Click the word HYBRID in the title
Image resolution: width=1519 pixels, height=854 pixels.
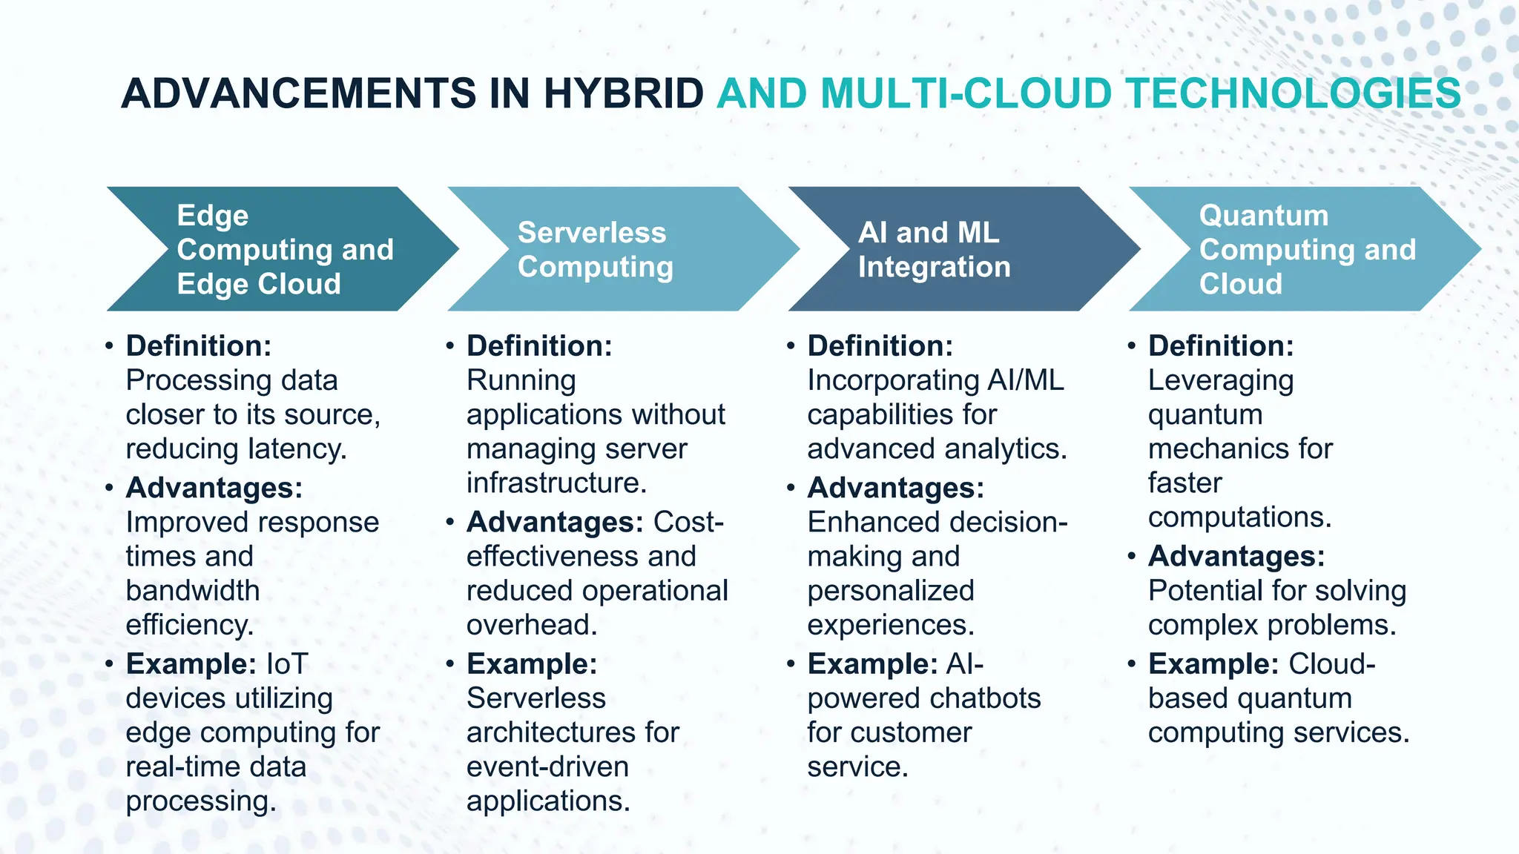pos(622,94)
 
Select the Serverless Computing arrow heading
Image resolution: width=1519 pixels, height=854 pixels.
pos(595,249)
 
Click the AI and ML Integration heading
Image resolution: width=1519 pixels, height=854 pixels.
pos(933,249)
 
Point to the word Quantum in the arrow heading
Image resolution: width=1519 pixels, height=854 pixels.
pos(1263,216)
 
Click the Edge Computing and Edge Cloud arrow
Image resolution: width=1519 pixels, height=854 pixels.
pos(285,249)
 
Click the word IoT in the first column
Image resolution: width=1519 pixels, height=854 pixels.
pos(286,663)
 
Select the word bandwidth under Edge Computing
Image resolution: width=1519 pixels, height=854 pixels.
pos(193,591)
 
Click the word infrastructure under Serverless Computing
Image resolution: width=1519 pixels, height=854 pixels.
pos(556,483)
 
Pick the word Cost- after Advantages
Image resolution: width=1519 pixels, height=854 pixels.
pos(688,523)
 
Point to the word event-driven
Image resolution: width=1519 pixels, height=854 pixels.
pos(547,767)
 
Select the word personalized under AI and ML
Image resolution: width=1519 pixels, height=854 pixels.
pos(890,591)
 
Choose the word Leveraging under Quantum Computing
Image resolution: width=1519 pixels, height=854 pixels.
pos(1221,381)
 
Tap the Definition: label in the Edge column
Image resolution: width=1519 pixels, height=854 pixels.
pos(199,346)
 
